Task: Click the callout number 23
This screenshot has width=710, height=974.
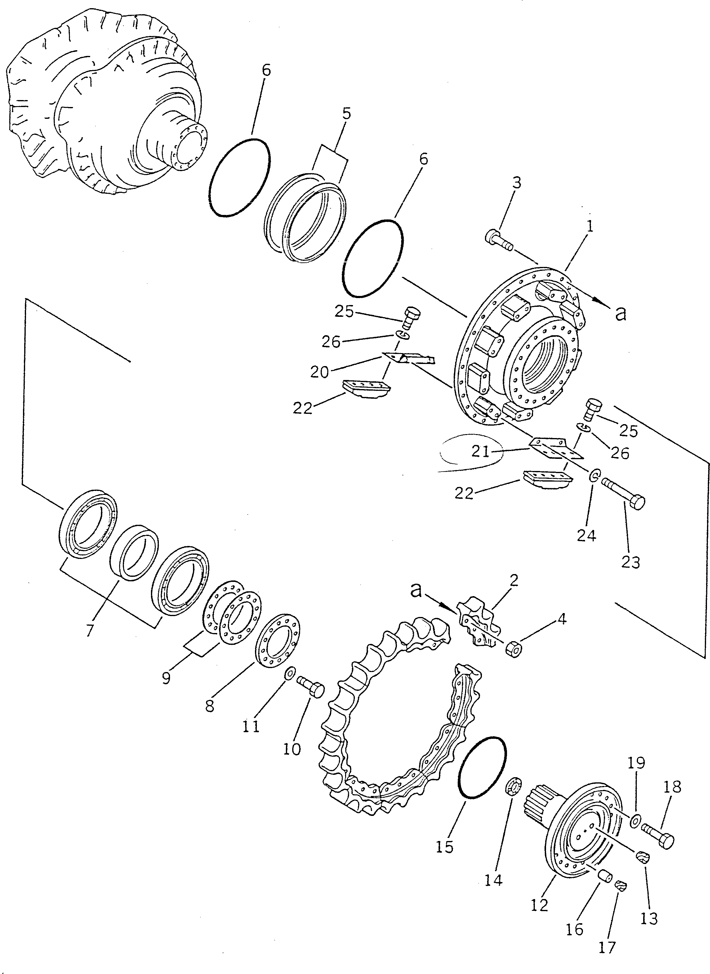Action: (630, 562)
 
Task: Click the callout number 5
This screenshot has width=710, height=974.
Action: (346, 114)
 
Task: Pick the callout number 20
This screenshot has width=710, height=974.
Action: (319, 372)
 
